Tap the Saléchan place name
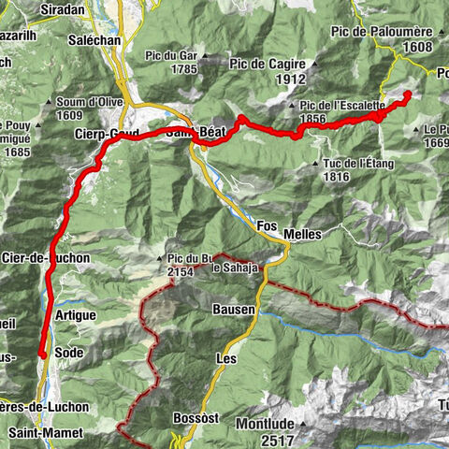[x=92, y=41]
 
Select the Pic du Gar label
[x=169, y=56]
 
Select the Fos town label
[x=268, y=226]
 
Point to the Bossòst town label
[x=197, y=418]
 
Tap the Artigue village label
[x=75, y=316]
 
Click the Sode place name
[x=68, y=352]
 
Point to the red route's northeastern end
[x=409, y=94]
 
